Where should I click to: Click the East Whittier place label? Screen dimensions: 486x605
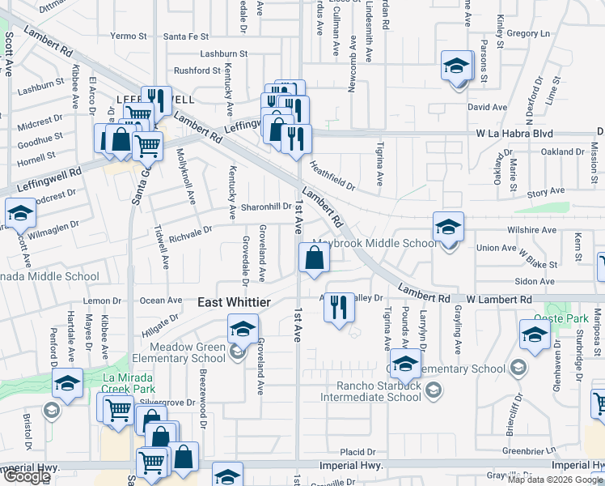click(x=235, y=302)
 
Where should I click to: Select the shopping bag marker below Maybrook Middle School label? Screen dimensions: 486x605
click(x=314, y=259)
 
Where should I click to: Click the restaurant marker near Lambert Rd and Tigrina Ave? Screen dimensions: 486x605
click(x=339, y=307)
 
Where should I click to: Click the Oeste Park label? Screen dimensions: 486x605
click(x=566, y=318)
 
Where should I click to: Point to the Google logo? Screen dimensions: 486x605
click(x=26, y=476)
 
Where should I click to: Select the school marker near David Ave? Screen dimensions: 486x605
click(x=456, y=66)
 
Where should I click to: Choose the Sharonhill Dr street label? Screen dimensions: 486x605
click(x=266, y=207)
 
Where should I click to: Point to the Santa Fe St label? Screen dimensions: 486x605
click(x=186, y=36)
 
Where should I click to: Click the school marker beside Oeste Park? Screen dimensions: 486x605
click(x=535, y=335)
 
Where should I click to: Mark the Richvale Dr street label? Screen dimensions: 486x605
click(x=191, y=231)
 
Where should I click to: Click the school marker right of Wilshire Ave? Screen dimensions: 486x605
click(x=447, y=227)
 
